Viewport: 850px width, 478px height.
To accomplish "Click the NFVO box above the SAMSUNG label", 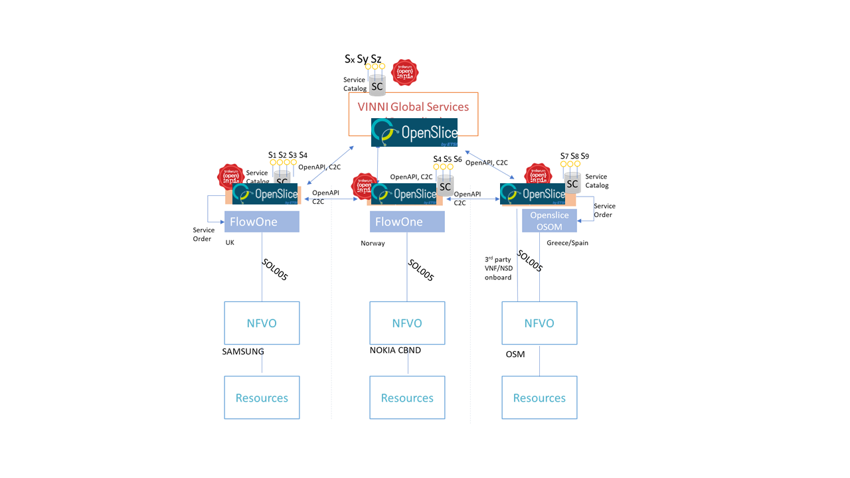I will (x=262, y=323).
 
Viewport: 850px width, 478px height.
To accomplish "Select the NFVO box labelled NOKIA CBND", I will (x=407, y=323).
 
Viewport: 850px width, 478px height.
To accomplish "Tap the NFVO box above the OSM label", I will (x=539, y=323).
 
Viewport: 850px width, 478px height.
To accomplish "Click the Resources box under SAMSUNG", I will (x=262, y=398).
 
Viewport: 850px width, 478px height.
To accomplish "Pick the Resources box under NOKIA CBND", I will (x=407, y=398).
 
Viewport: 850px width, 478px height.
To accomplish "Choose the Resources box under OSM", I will (x=539, y=398).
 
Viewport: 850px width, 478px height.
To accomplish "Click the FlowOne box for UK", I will (x=262, y=222).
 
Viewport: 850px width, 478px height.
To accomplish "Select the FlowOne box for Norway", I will (x=407, y=222).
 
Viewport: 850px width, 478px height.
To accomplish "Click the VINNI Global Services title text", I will (x=414, y=107).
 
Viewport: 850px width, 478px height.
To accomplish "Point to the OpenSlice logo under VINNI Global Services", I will (x=414, y=132).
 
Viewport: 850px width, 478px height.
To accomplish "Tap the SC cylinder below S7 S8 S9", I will (x=572, y=183).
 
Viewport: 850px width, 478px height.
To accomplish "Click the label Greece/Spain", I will (x=567, y=243).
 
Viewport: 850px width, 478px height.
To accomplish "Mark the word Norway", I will (x=373, y=244).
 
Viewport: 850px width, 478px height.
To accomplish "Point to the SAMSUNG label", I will (x=243, y=352).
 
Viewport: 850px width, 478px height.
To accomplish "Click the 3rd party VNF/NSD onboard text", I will (x=498, y=268).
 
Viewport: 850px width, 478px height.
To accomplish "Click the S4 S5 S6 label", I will (x=447, y=159).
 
